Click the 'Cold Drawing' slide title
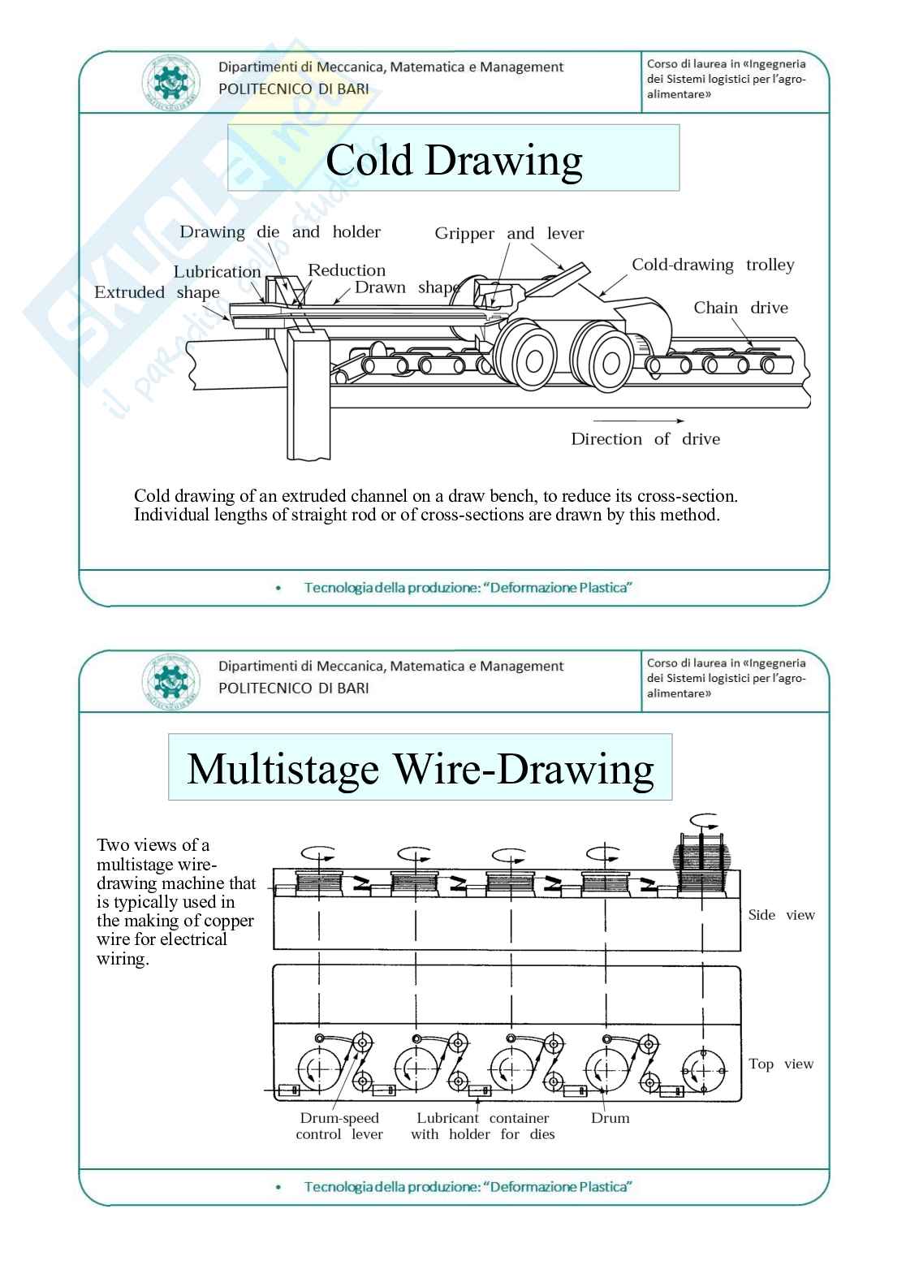(x=453, y=160)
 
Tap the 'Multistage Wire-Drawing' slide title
(x=420, y=768)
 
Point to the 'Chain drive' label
(x=740, y=308)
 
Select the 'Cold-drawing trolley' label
(x=713, y=265)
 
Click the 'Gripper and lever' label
(x=509, y=234)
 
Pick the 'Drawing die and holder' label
(x=280, y=232)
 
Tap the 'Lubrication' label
(x=217, y=272)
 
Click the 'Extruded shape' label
(x=157, y=292)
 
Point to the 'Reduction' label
(x=347, y=270)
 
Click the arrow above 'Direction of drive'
(x=638, y=421)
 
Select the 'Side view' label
(x=781, y=915)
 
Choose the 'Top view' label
(x=781, y=1064)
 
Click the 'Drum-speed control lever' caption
(x=339, y=1126)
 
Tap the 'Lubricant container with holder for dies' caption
(x=483, y=1126)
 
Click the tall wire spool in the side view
(x=703, y=867)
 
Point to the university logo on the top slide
(x=170, y=83)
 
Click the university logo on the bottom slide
(x=170, y=681)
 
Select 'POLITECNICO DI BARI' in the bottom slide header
(x=293, y=688)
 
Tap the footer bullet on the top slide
(x=279, y=588)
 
